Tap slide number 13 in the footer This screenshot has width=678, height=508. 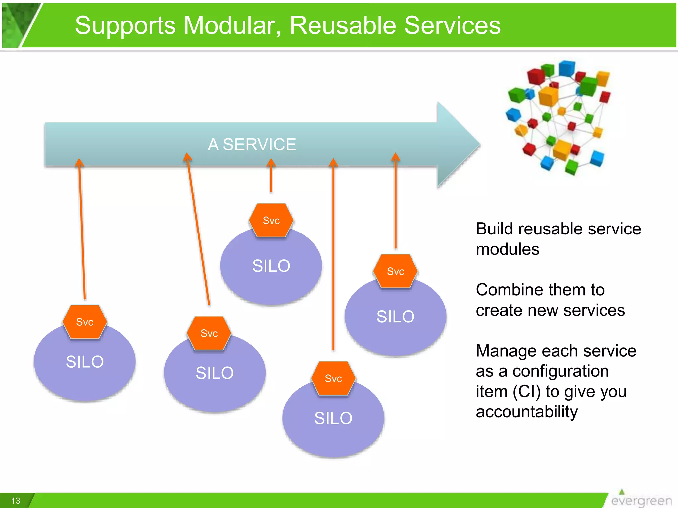coord(16,501)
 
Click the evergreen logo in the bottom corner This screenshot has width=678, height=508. coord(641,500)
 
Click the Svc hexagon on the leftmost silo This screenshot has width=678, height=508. coord(85,322)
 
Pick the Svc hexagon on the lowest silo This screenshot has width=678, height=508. coord(333,378)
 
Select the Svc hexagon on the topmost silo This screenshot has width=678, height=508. coord(271,220)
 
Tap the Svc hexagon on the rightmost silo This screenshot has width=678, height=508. coord(395,271)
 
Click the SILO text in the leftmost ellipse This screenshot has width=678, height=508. coord(85,361)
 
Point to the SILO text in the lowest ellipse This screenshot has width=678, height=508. coord(333,418)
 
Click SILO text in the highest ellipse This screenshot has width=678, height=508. coord(271,266)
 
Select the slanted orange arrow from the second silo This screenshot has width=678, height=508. coord(198,228)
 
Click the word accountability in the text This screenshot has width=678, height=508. coord(527,412)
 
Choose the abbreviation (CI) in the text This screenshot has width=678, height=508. coord(527,392)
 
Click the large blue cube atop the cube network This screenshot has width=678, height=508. coord(567,68)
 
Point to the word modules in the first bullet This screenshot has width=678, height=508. coord(508,249)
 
